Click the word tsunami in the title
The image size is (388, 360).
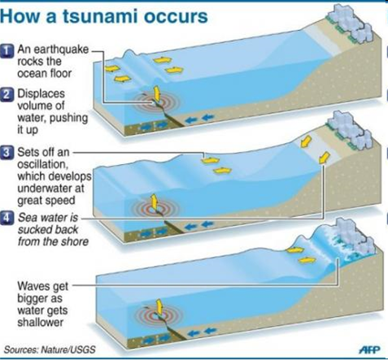pyautogui.click(x=101, y=16)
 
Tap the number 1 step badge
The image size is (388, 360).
pyautogui.click(x=7, y=51)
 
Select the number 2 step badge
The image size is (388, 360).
pyautogui.click(x=7, y=95)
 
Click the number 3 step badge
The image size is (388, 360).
pyautogui.click(x=7, y=153)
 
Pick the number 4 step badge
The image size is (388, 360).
pyautogui.click(x=7, y=219)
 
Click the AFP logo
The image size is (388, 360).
pyautogui.click(x=370, y=349)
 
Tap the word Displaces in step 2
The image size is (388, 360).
pyautogui.click(x=41, y=93)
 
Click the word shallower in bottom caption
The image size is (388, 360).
pyautogui.click(x=41, y=323)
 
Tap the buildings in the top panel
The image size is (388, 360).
pyautogui.click(x=350, y=23)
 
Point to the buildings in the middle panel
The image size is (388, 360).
pyautogui.click(x=350, y=130)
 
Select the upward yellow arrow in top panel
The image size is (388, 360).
pyautogui.click(x=156, y=93)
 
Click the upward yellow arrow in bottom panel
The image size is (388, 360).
pyautogui.click(x=159, y=306)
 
